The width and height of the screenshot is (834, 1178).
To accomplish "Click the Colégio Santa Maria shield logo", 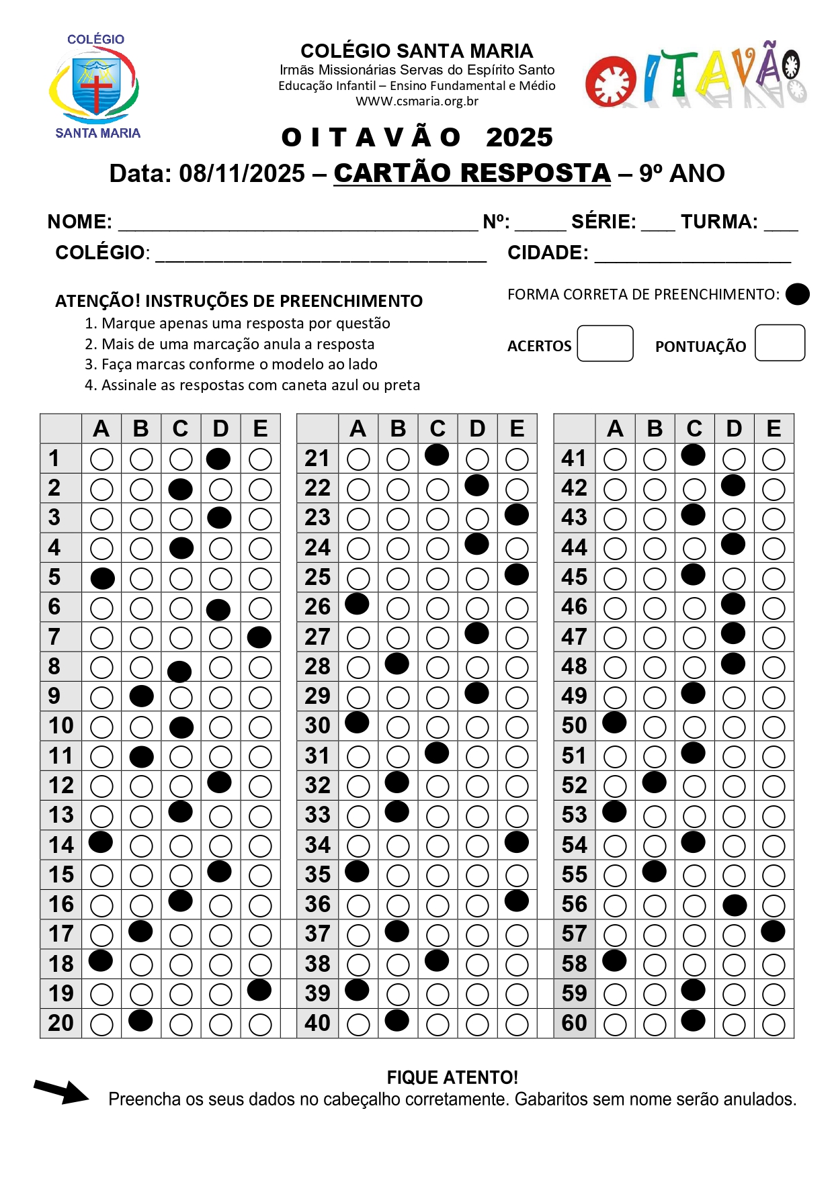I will tap(96, 85).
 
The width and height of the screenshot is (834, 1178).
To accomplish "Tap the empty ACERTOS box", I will tap(605, 343).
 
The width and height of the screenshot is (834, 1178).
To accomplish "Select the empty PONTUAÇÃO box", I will tap(780, 343).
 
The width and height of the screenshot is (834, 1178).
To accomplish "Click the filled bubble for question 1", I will tap(219, 459).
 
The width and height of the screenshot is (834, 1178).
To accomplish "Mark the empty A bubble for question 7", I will tap(101, 637).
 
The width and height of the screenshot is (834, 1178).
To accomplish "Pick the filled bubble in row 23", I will tap(516, 515).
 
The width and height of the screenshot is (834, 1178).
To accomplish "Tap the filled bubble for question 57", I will tap(773, 932).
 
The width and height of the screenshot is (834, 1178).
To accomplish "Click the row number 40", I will tap(317, 1023).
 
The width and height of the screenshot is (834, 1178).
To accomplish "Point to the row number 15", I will tap(61, 874).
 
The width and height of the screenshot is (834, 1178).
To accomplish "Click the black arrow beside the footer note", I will tap(62, 1091).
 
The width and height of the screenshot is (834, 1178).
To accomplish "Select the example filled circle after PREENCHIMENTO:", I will tap(797, 294).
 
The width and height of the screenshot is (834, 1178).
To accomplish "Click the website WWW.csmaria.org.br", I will tap(417, 101).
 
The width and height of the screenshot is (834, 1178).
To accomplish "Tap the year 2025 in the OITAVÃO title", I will tap(519, 138).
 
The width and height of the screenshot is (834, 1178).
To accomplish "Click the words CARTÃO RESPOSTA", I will tap(472, 173).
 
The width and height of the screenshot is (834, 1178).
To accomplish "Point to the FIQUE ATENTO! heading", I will tap(452, 1078).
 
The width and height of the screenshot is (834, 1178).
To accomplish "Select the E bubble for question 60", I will tap(774, 1025).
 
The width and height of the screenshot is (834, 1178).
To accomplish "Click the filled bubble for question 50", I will tap(614, 723).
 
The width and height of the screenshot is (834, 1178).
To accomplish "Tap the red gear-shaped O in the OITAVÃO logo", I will tap(610, 82).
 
